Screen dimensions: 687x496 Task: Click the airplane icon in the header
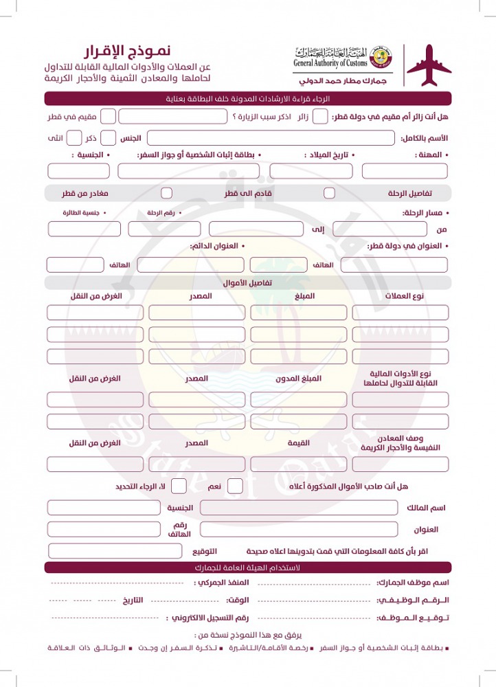pyautogui.click(x=429, y=66)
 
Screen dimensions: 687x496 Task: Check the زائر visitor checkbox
pyautogui.click(x=320, y=116)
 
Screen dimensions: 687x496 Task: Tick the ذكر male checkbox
pyautogui.click(x=74, y=138)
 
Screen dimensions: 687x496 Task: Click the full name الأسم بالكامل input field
pyautogui.click(x=271, y=138)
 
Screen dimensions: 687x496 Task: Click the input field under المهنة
pyautogui.click(x=405, y=171)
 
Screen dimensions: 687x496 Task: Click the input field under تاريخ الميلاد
pyautogui.click(x=311, y=171)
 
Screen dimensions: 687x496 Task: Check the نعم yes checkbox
pyautogui.click(x=235, y=486)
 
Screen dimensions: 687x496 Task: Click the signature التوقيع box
pyautogui.click(x=115, y=551)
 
